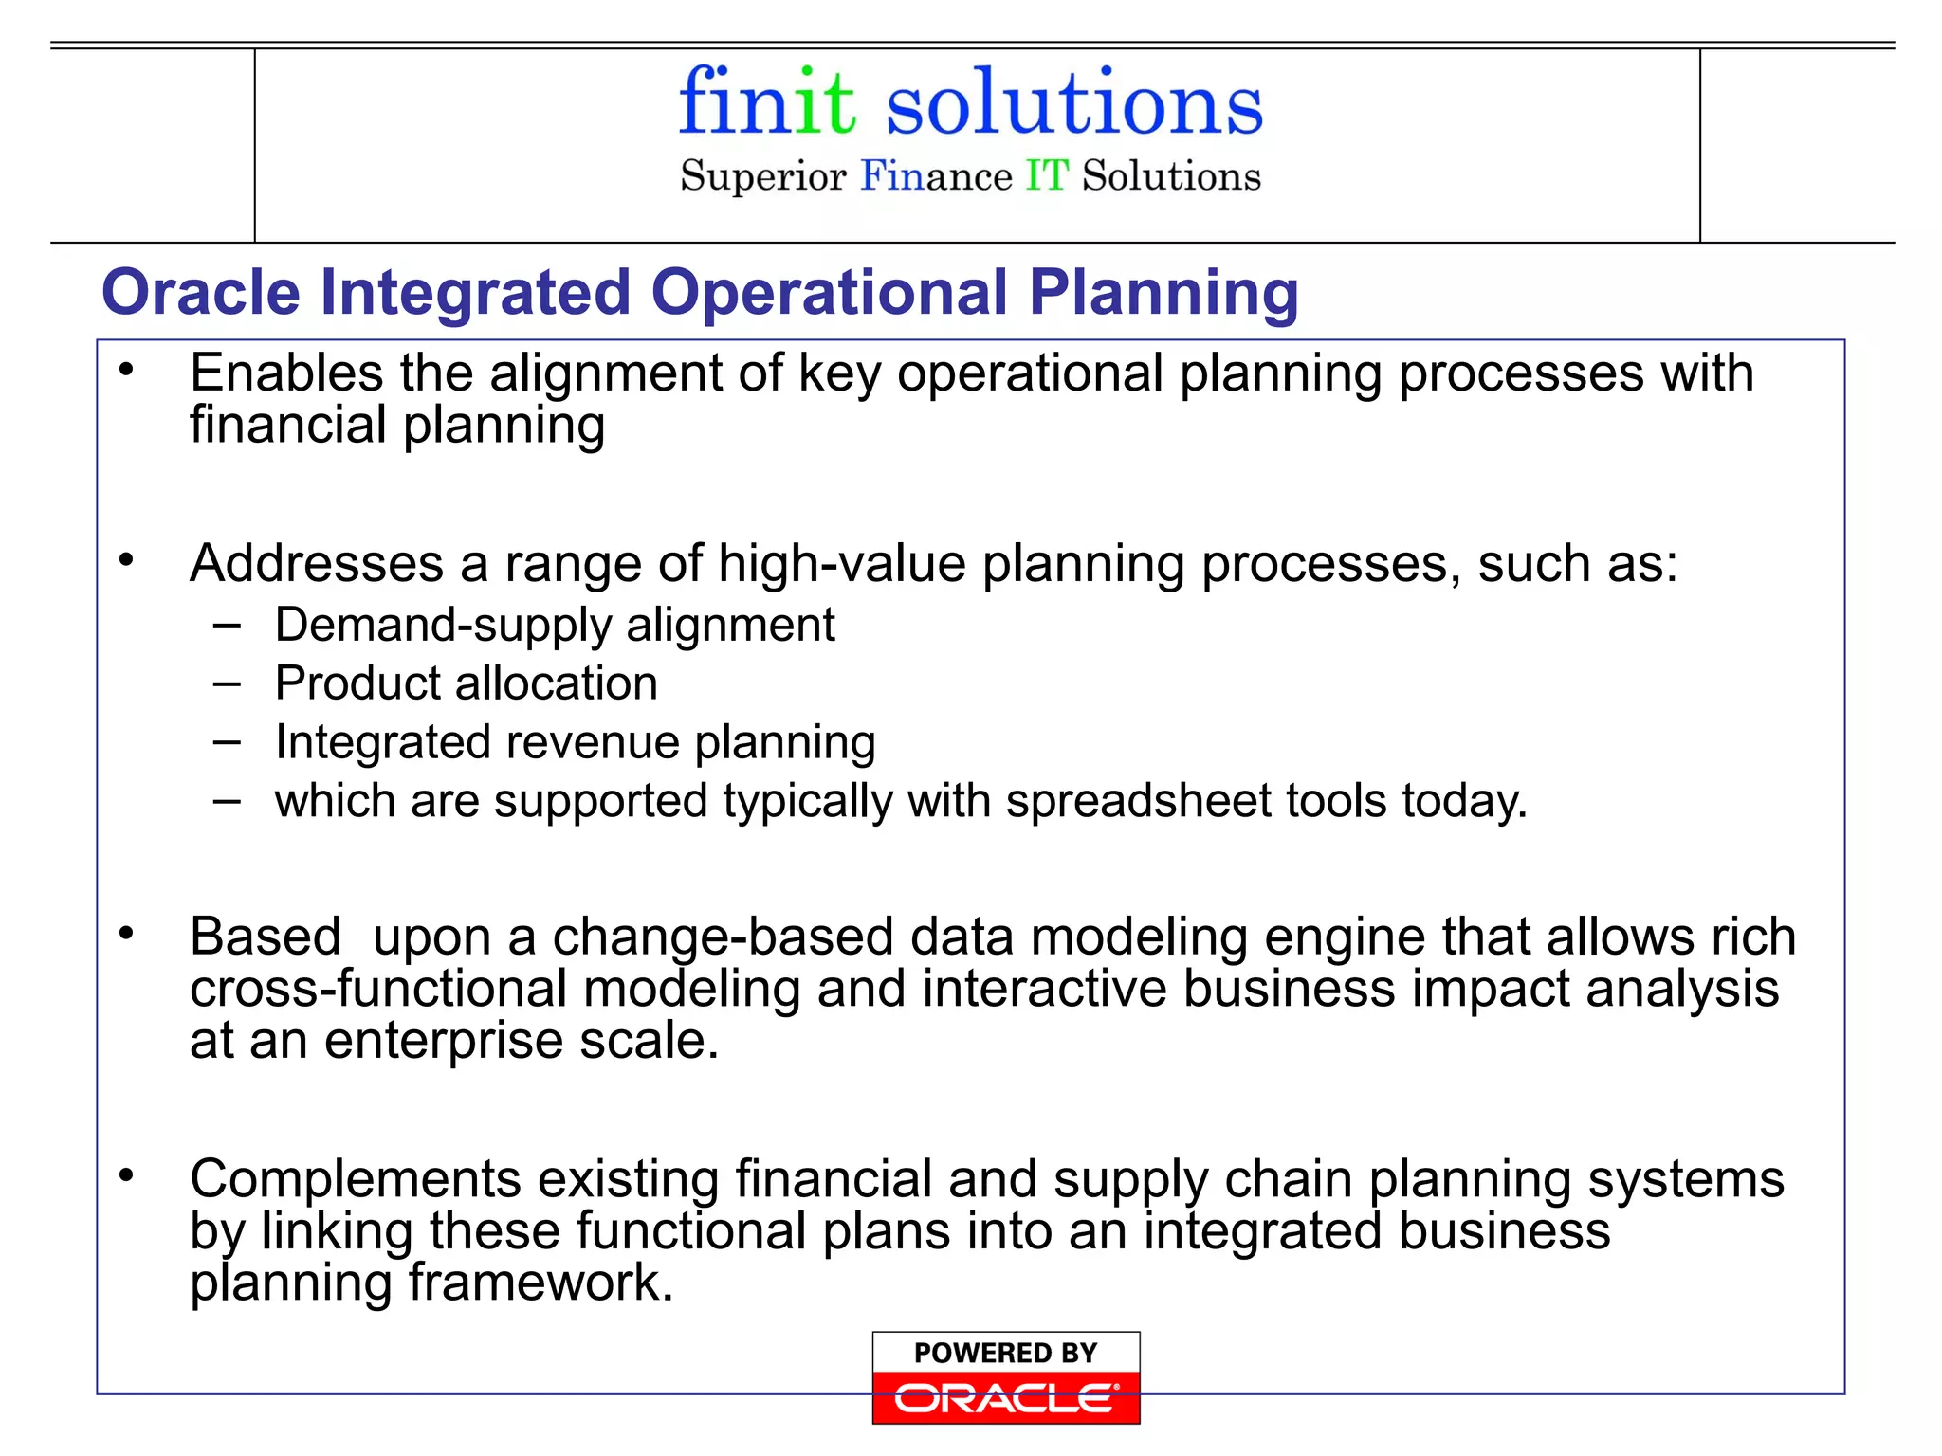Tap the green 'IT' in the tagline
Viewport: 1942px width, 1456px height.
(1046, 176)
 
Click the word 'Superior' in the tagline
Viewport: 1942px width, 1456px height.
(762, 177)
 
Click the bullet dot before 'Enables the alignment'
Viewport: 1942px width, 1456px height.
(126, 370)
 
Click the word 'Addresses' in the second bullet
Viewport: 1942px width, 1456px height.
(317, 563)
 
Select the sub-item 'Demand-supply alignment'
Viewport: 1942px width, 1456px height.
(555, 626)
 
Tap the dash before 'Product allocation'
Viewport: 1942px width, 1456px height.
(227, 683)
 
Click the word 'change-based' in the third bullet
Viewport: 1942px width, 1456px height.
(723, 937)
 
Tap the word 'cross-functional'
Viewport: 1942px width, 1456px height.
(377, 989)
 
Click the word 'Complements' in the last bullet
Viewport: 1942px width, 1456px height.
(356, 1179)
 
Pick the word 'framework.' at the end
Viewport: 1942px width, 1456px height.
(540, 1283)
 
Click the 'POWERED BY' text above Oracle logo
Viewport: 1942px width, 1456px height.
(1005, 1353)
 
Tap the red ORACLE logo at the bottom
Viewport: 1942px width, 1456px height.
(1005, 1398)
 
